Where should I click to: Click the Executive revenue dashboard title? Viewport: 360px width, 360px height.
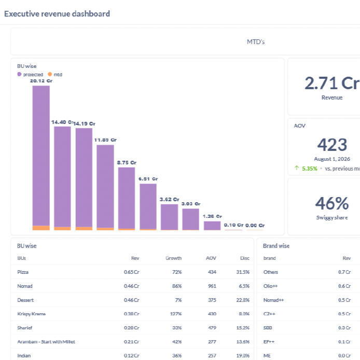point(57,14)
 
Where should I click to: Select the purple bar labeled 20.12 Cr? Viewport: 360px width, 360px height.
point(41,156)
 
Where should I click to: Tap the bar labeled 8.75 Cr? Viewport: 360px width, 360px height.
point(127,198)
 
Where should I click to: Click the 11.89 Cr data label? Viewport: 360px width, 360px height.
point(105,140)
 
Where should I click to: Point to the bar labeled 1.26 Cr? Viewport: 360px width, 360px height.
point(212,226)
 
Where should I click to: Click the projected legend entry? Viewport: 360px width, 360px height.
point(30,74)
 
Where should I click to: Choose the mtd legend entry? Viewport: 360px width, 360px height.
point(55,74)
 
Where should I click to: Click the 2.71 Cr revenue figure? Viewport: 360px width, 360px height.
point(332,83)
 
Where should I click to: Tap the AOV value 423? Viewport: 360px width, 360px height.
point(332,145)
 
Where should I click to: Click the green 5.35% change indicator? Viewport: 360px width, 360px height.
point(309,169)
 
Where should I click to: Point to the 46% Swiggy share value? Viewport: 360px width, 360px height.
point(332,203)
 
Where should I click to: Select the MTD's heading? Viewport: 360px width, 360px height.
point(256,42)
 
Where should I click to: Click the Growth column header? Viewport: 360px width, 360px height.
point(174,258)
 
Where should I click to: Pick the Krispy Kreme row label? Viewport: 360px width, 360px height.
point(32,314)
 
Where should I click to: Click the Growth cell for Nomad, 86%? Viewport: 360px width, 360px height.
point(177,286)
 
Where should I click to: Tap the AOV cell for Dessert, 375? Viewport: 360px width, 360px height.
point(212,300)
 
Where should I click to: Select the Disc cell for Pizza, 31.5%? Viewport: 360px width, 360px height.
point(243,272)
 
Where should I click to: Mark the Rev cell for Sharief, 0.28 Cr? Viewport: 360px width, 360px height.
point(132,328)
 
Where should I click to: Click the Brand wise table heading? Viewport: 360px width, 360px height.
point(276,246)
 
